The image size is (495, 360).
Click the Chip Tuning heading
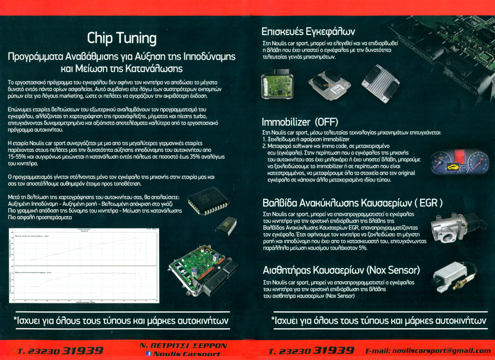[x=122, y=38]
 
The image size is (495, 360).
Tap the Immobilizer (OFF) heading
[x=301, y=122]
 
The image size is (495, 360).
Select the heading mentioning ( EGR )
[x=353, y=202]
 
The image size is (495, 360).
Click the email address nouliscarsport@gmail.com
[x=427, y=351]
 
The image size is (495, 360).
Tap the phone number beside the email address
[x=311, y=351]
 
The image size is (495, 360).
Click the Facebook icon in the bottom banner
[x=149, y=354]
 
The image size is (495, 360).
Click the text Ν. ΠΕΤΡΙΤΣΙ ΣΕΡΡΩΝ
[x=183, y=346]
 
